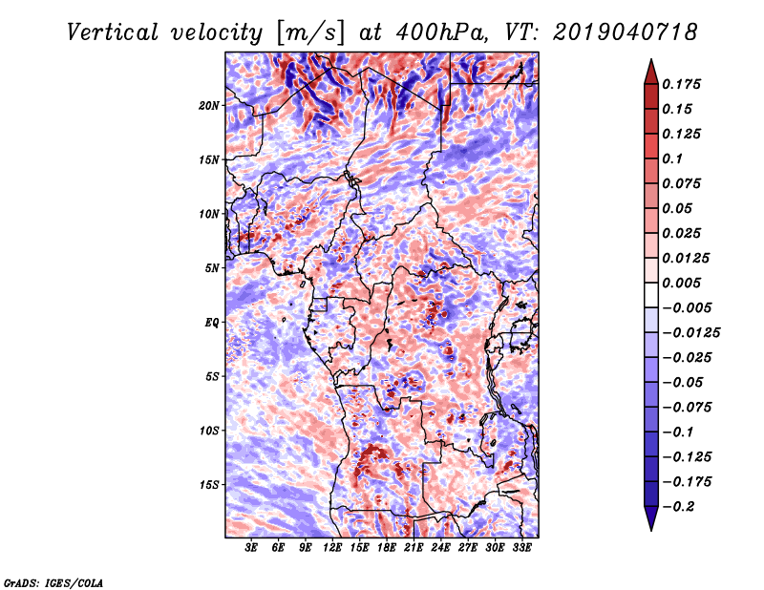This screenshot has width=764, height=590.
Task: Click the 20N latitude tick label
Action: pos(209,105)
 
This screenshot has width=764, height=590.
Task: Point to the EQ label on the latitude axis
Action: pos(212,322)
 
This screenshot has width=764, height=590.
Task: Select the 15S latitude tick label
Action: pos(209,484)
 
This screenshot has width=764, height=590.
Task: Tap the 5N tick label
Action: pos(212,268)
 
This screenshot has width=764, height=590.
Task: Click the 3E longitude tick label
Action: pos(252,549)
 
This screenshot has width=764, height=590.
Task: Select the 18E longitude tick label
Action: pos(387,549)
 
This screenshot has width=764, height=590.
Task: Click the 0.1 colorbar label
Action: pos(674,158)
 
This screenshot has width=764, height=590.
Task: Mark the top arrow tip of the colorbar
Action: pos(649,61)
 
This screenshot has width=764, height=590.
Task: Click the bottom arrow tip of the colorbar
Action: pos(649,529)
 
